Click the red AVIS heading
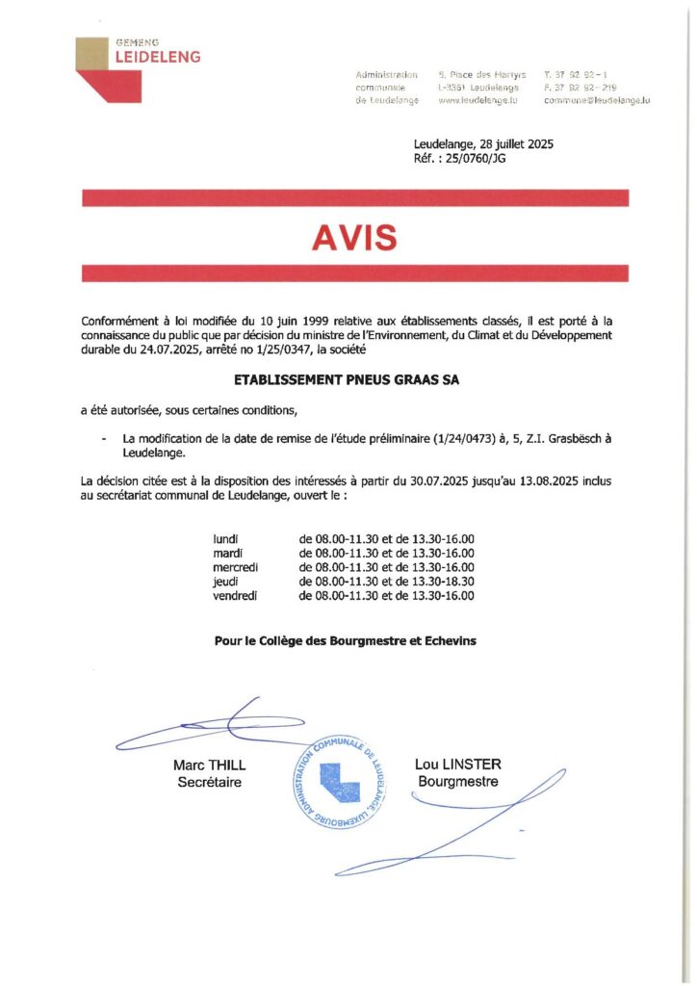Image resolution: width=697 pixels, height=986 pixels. pos(355,237)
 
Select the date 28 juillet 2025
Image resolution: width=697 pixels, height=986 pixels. pos(509,144)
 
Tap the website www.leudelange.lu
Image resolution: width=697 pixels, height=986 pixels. pos(478,99)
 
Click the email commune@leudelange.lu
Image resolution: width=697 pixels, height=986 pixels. pos(596,99)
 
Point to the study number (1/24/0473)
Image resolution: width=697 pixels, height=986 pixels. pos(489,438)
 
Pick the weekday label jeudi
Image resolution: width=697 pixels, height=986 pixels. pos(225,582)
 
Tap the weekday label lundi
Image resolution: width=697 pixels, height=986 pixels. pos(225,539)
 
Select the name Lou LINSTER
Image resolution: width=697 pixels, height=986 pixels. pos(457,765)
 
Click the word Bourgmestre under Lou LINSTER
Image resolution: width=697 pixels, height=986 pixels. pos(457,782)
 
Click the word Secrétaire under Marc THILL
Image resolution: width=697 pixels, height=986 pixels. pos(209,783)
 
